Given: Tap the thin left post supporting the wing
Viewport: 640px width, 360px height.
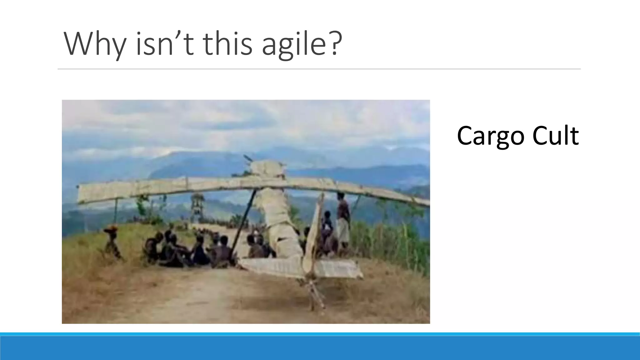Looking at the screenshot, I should click(x=116, y=212).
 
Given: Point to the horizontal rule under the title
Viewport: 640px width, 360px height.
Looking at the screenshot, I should click(x=319, y=69).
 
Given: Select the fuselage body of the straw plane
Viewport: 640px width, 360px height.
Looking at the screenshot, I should click(x=278, y=225).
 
